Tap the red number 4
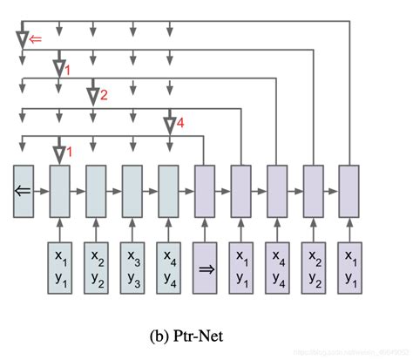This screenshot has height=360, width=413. point(179,125)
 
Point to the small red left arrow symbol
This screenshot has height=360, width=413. point(36,39)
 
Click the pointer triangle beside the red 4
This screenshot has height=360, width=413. point(169,126)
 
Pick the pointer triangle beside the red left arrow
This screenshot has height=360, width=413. point(22,39)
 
